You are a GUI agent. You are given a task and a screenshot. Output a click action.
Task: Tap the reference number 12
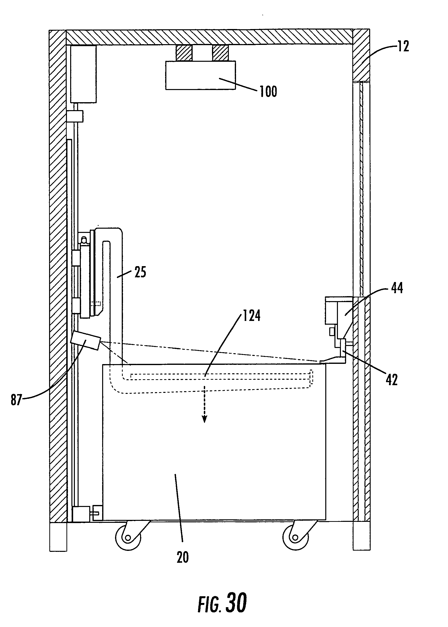click(x=403, y=46)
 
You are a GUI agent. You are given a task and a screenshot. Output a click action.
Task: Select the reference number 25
click(x=140, y=272)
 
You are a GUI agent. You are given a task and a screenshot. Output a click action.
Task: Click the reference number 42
click(x=392, y=380)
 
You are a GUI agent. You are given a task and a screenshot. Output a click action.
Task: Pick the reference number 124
click(x=252, y=315)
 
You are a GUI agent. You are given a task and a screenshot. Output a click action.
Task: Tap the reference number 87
click(x=16, y=400)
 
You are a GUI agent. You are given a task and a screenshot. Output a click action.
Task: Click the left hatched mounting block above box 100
click(x=184, y=53)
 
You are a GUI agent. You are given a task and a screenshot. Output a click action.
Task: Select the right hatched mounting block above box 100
click(x=220, y=53)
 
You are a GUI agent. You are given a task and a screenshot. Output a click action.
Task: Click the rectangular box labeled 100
click(x=201, y=75)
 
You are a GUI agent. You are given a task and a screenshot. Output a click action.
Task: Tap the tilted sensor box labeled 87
click(x=86, y=341)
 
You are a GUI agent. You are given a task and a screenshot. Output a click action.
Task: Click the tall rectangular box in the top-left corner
click(x=83, y=74)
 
